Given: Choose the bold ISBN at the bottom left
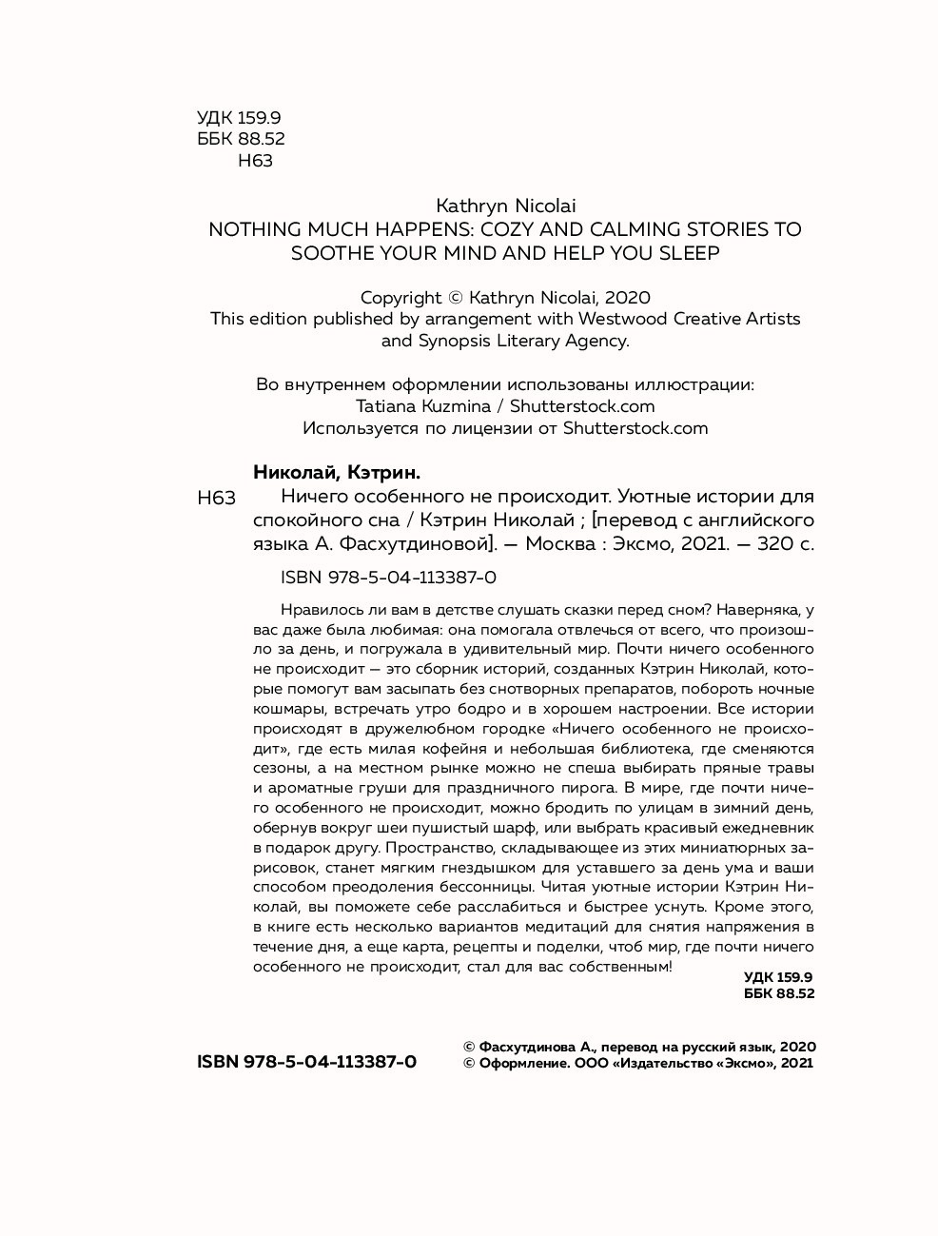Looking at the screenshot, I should (x=306, y=1062).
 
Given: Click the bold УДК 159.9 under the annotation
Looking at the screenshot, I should (x=777, y=977).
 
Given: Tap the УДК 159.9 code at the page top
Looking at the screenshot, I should (x=239, y=118).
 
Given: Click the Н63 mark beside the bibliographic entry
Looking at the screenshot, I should (x=216, y=498).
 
